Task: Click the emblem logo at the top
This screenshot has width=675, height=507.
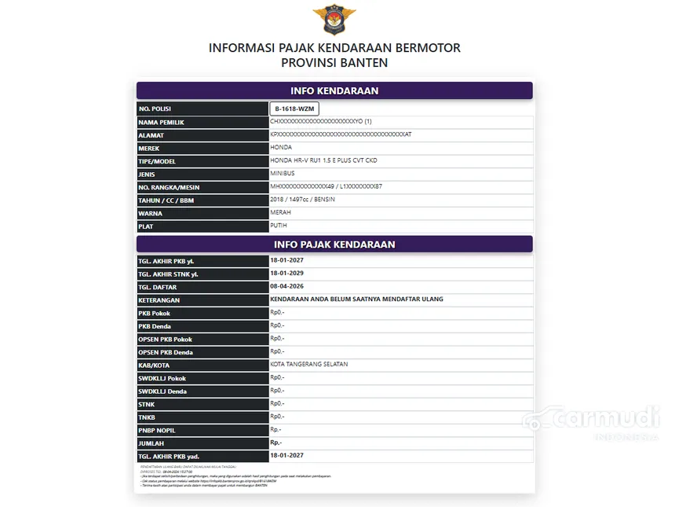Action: click(334, 19)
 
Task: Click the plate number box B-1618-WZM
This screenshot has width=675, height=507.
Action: click(294, 108)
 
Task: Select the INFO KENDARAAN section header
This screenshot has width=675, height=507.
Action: click(334, 90)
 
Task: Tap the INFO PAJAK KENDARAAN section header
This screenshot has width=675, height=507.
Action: click(334, 244)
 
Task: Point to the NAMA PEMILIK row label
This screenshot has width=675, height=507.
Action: click(162, 122)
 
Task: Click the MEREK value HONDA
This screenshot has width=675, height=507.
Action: click(281, 147)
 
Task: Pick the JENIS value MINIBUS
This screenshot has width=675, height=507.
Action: click(283, 173)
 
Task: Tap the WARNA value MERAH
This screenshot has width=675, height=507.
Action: click(281, 212)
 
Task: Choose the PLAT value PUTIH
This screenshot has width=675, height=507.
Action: click(279, 225)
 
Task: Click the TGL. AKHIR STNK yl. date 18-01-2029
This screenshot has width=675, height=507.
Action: click(286, 274)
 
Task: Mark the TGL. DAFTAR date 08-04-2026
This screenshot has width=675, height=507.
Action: click(286, 286)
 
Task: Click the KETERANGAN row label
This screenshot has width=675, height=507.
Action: click(159, 300)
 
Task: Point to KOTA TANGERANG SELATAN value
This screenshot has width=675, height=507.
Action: click(309, 364)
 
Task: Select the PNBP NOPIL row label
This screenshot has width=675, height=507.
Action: click(157, 430)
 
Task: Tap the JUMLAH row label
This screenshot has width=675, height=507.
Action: click(151, 443)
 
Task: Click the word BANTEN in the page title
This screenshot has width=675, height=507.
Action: click(362, 63)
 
